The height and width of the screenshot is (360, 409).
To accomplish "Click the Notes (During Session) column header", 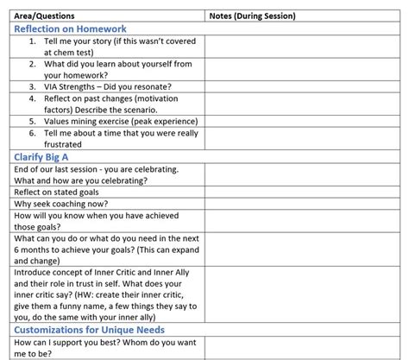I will (252, 16).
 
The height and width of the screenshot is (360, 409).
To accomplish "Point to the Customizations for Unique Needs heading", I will (88, 329).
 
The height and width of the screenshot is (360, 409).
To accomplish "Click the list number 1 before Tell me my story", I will (32, 41).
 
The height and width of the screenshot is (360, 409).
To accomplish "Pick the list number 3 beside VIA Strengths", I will (32, 86).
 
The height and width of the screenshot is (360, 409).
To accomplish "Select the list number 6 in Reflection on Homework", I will (32, 133).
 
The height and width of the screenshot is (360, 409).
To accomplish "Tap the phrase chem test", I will (79, 52).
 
